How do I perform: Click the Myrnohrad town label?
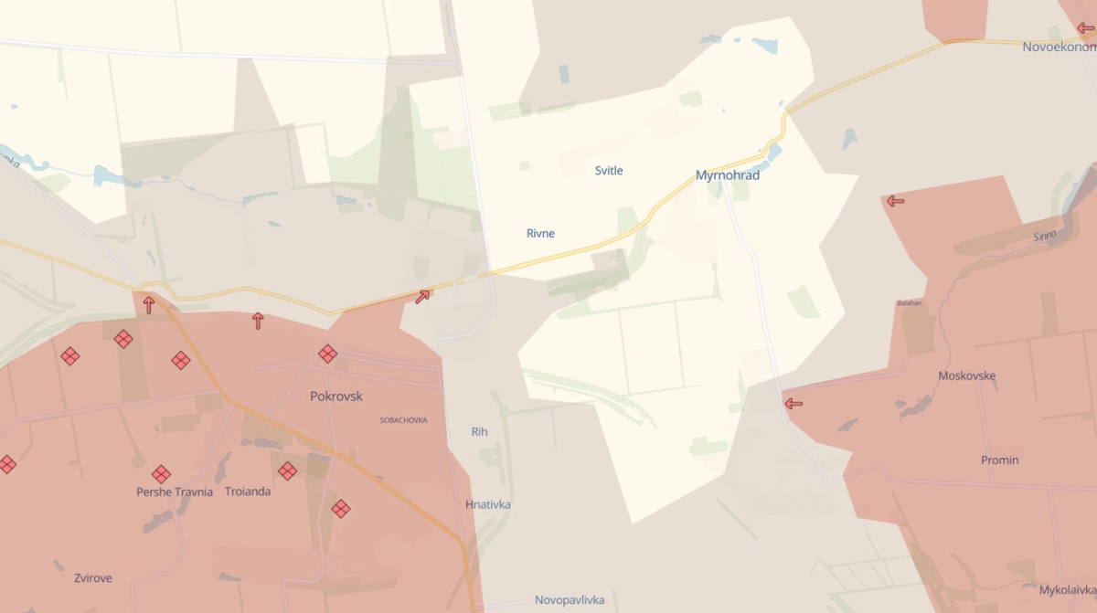click(728, 175)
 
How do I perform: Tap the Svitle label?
click(609, 171)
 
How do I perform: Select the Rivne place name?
click(540, 234)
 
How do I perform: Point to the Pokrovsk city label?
click(336, 396)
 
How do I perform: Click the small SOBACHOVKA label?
click(403, 420)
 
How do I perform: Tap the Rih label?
click(480, 431)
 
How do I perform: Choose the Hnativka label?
click(488, 504)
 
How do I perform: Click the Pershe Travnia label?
click(175, 491)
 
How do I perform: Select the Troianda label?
click(248, 491)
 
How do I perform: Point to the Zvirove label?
click(93, 578)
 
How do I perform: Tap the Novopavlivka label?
click(570, 600)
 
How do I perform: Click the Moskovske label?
click(967, 375)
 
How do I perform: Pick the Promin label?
click(999, 460)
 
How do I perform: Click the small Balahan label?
click(910, 303)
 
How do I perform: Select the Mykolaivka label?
click(1067, 590)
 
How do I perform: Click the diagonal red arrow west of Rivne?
click(422, 296)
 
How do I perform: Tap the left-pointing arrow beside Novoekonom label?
click(1085, 28)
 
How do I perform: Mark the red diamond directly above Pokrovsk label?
click(327, 354)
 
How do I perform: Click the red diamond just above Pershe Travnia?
click(162, 474)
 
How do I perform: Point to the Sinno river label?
click(1045, 236)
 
